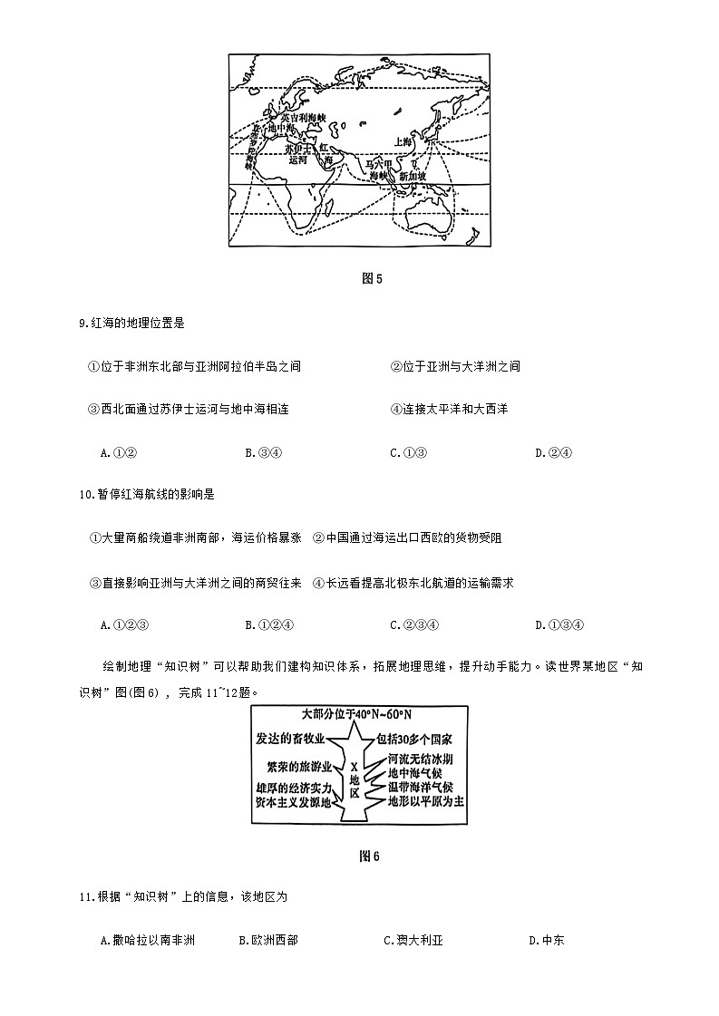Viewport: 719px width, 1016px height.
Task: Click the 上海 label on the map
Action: (x=404, y=142)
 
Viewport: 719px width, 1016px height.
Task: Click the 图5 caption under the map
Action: (x=372, y=278)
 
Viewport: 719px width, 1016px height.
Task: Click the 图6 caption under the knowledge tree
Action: (x=369, y=856)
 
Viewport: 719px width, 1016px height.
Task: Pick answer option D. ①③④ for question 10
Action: (x=559, y=624)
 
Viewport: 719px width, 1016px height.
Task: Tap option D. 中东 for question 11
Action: (x=546, y=941)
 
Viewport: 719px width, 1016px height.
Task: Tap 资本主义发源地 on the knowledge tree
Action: (x=294, y=801)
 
